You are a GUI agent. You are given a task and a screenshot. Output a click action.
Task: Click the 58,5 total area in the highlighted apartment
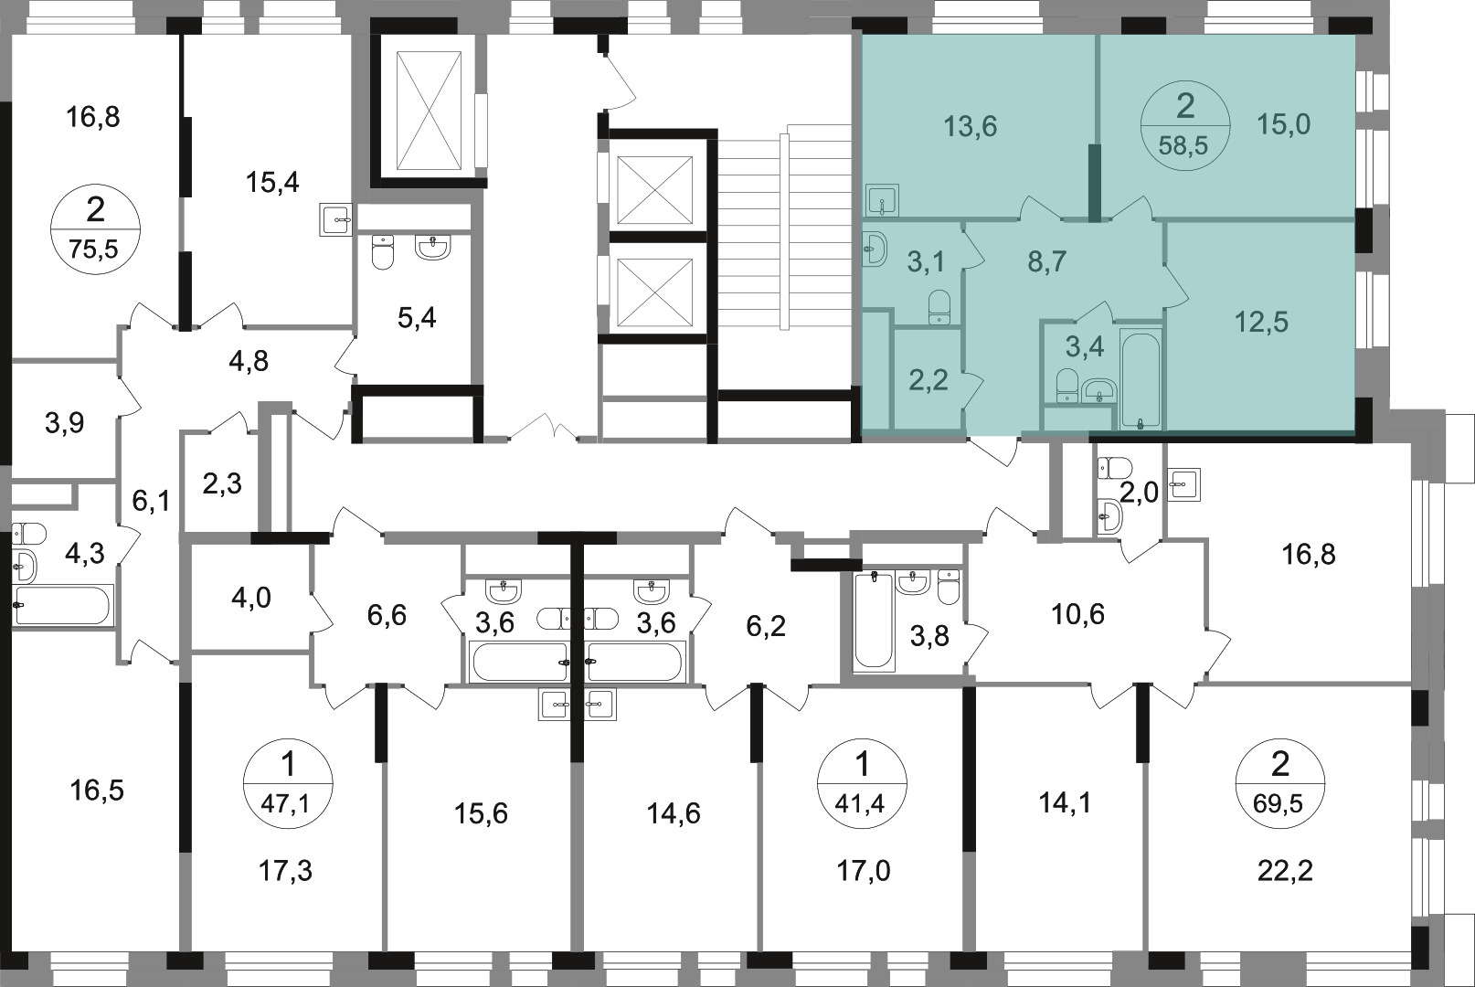click(x=1183, y=145)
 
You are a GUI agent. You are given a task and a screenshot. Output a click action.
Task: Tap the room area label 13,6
click(x=970, y=126)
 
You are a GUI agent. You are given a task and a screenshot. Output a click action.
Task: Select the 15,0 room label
click(x=1283, y=123)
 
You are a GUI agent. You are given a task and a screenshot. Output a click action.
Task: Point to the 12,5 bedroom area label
click(x=1261, y=323)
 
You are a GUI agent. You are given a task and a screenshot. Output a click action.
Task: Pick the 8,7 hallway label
click(x=1047, y=262)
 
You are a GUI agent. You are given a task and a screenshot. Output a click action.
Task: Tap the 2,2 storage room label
click(x=929, y=380)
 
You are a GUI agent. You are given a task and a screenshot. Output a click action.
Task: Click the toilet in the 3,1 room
click(x=939, y=307)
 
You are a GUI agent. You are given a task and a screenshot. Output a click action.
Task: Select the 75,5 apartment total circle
click(x=95, y=228)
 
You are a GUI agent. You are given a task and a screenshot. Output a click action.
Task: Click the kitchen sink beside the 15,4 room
click(x=335, y=219)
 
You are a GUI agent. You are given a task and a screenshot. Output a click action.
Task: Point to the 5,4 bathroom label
click(x=417, y=318)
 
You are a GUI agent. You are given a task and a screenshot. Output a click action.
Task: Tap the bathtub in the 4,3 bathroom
click(x=63, y=604)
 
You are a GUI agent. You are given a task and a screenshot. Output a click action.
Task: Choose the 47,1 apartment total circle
click(x=288, y=783)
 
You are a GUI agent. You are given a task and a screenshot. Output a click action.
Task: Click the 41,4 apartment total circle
click(x=862, y=783)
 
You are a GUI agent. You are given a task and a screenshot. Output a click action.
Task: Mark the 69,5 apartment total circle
click(x=1280, y=783)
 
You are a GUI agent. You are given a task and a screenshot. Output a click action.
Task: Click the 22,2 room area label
click(x=1285, y=871)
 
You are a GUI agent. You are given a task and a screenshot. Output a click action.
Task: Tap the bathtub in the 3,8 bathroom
click(x=874, y=621)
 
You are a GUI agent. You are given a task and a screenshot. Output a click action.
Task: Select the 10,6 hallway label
click(x=1078, y=614)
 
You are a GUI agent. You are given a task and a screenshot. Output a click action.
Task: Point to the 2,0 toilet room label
click(x=1139, y=492)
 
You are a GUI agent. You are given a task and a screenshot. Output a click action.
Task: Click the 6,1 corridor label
click(x=151, y=501)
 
